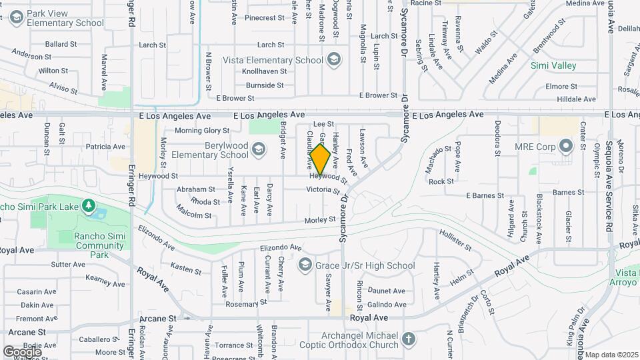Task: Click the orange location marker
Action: pos(320,159)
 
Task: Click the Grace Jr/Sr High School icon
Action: pos(305,265)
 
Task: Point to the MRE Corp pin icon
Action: pos(566,145)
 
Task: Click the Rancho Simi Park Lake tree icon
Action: pos(87,205)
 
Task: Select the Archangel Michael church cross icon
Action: pos(409,340)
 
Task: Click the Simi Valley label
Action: pos(553,66)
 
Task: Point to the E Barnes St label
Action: pos(485,195)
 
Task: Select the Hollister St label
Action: pos(455,240)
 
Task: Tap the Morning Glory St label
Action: pos(202,131)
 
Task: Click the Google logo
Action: pos(23,351)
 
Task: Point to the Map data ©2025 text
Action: pos(612,355)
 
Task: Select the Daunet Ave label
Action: pos(387,291)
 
